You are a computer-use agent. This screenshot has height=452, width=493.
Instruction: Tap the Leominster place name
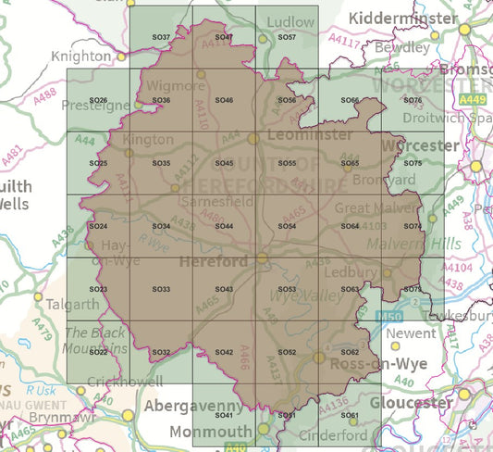pyautogui.click(x=299, y=135)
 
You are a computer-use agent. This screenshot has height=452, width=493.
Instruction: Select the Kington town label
pyautogui.click(x=149, y=140)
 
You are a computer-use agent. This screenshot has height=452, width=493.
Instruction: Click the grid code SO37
pyautogui.click(x=160, y=37)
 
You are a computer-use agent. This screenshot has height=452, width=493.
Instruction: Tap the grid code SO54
pyautogui.click(x=287, y=226)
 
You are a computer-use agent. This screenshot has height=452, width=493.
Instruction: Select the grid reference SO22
pyautogui.click(x=98, y=352)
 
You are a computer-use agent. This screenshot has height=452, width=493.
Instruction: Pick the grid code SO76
pyautogui.click(x=413, y=100)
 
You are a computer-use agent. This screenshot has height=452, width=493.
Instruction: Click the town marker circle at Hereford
pyautogui.click(x=263, y=258)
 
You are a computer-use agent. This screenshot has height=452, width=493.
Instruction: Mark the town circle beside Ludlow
pyautogui.click(x=263, y=39)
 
